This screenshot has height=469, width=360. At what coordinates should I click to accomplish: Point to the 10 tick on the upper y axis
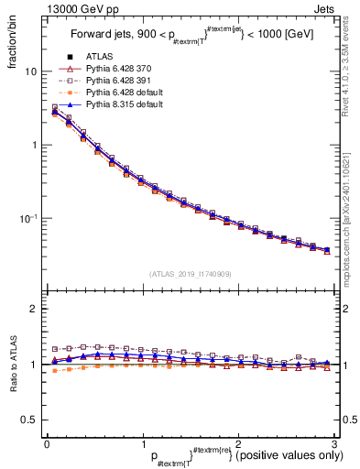30,71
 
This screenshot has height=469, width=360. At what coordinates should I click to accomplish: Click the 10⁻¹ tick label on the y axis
27,218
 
